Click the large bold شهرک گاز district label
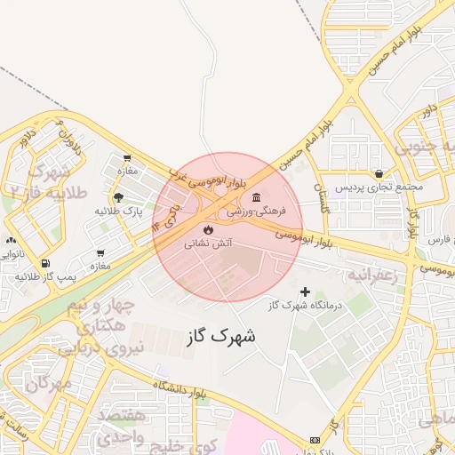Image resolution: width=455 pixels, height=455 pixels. [x=221, y=337]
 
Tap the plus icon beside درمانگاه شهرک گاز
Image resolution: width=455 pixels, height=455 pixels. [x=306, y=291]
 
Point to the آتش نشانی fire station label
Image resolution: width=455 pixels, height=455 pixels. [x=208, y=243]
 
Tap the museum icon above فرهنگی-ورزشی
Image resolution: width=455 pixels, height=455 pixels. [x=256, y=197]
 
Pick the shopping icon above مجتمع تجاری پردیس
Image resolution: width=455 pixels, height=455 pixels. [x=379, y=173]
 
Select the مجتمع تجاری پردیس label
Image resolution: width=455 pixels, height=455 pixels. [x=379, y=188]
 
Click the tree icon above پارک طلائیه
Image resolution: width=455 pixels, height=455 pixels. [x=118, y=197]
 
